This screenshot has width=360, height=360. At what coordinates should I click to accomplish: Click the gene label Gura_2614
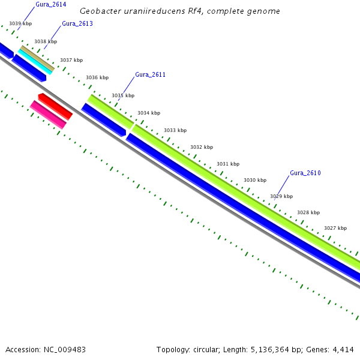coord(50,5)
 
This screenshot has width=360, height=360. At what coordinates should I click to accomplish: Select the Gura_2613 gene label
coord(77,24)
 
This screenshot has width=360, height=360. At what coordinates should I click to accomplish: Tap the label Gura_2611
coord(150,75)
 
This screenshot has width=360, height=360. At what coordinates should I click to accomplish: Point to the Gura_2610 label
coord(305,173)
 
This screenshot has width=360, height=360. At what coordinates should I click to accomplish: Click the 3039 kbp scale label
coord(20,23)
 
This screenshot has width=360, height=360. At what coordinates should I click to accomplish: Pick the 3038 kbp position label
coord(46,42)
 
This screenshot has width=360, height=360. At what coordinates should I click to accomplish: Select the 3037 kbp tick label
coord(71,60)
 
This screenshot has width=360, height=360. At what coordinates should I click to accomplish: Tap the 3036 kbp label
coord(97,77)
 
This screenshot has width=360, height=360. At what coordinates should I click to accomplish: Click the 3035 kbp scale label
coord(123,95)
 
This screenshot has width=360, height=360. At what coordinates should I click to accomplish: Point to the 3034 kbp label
coord(149,113)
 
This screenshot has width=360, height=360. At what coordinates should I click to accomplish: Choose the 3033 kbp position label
coord(175,130)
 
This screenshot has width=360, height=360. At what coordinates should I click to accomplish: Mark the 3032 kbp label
coord(202,147)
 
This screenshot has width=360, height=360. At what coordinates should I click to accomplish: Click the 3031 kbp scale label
coord(228,164)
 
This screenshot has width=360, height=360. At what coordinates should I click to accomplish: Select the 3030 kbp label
coord(254,180)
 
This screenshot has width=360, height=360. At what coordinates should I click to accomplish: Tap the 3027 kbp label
coord(335,228)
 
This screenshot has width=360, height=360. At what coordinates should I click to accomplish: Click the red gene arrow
coord(55,106)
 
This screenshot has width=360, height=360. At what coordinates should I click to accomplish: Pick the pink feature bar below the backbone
coord(48,114)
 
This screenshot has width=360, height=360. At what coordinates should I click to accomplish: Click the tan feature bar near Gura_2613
coord(37,58)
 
